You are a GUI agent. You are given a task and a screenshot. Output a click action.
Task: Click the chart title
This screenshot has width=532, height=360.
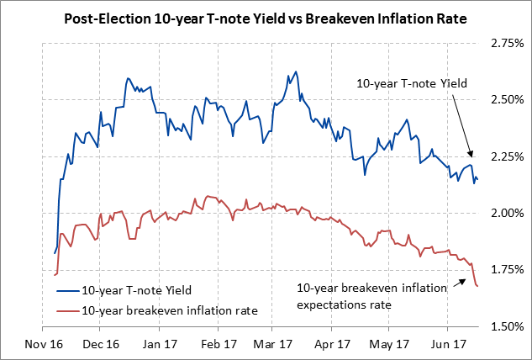coord(266,17)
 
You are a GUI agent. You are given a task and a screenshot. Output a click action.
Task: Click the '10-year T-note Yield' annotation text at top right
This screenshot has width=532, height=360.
coord(411,84)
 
